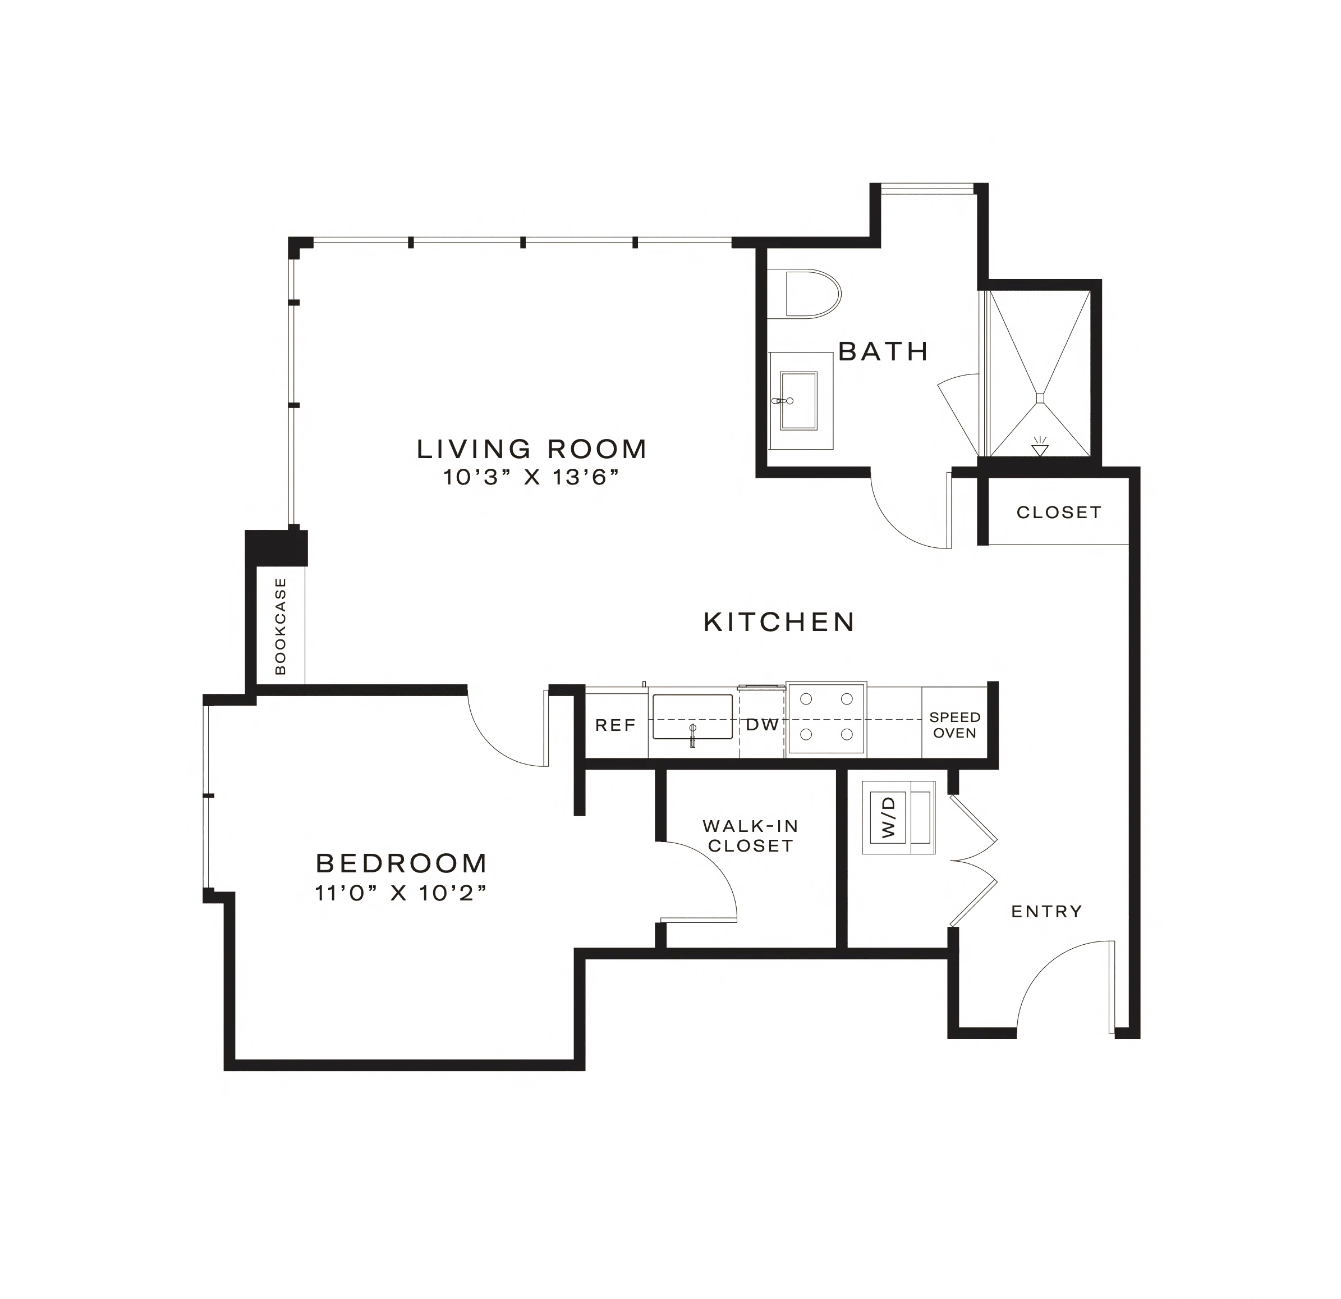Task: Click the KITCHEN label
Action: tap(779, 622)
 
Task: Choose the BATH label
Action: tap(882, 352)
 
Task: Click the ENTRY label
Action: tap(1047, 911)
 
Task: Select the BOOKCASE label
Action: tap(281, 626)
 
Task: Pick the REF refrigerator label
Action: tap(616, 725)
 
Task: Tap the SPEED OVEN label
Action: tap(955, 725)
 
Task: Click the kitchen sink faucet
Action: tap(692, 733)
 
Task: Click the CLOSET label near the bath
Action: tap(1058, 512)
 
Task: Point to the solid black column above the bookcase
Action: tap(275, 547)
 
